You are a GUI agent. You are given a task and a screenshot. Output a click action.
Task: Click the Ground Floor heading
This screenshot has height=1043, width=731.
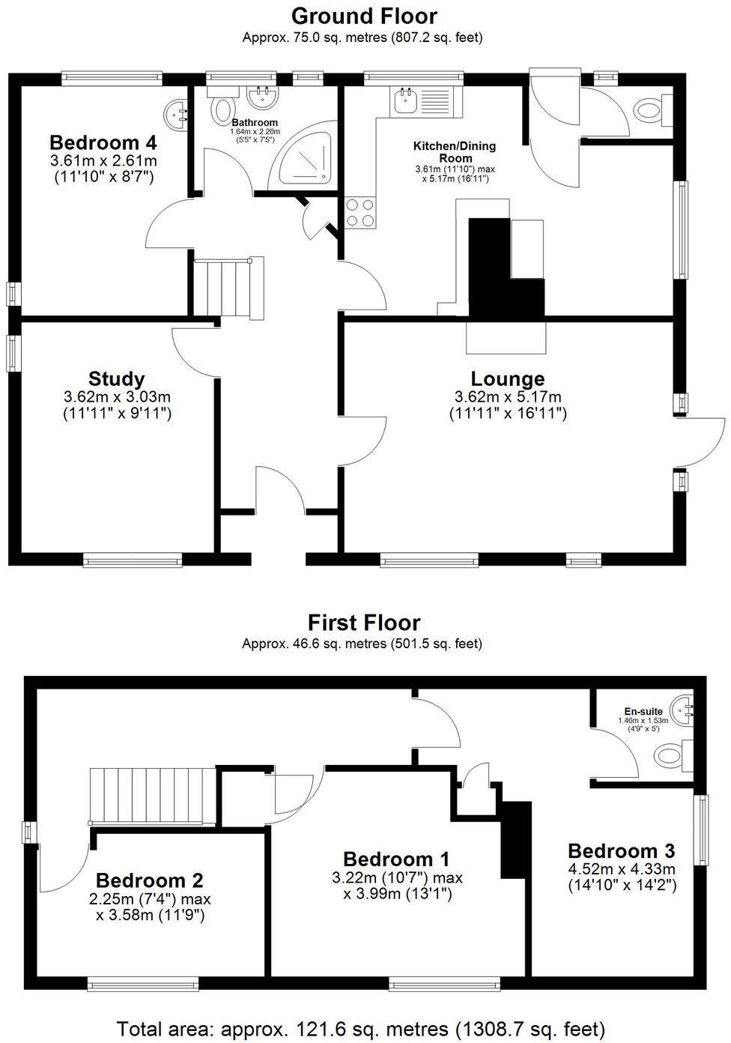tap(364, 16)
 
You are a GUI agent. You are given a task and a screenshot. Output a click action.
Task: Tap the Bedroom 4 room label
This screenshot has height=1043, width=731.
tap(103, 142)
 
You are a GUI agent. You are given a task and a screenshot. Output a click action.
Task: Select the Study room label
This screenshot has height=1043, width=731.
tap(116, 379)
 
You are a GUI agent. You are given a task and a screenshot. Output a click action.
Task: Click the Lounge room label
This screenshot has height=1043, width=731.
tap(507, 379)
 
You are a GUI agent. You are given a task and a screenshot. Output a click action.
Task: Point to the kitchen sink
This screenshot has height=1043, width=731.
tap(405, 100)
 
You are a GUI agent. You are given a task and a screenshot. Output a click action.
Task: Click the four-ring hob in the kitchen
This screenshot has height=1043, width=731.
tap(360, 213)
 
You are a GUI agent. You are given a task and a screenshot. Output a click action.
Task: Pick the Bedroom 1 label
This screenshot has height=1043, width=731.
tap(396, 859)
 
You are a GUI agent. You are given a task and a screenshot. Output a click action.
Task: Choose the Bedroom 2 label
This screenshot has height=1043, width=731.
tap(150, 880)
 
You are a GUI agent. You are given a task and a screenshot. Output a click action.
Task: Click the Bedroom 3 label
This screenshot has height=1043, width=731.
tap(621, 851)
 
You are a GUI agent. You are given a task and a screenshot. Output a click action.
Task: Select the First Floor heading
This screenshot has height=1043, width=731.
tap(364, 623)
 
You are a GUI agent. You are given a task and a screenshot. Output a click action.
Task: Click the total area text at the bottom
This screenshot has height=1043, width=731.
tap(360, 1028)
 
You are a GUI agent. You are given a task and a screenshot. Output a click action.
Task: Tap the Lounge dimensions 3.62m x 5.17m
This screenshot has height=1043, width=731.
tap(507, 397)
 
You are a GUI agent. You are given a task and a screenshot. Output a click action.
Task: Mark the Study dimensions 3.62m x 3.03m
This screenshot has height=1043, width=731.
tap(116, 397)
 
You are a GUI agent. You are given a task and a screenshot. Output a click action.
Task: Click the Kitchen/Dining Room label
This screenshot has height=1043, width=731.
tap(455, 152)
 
